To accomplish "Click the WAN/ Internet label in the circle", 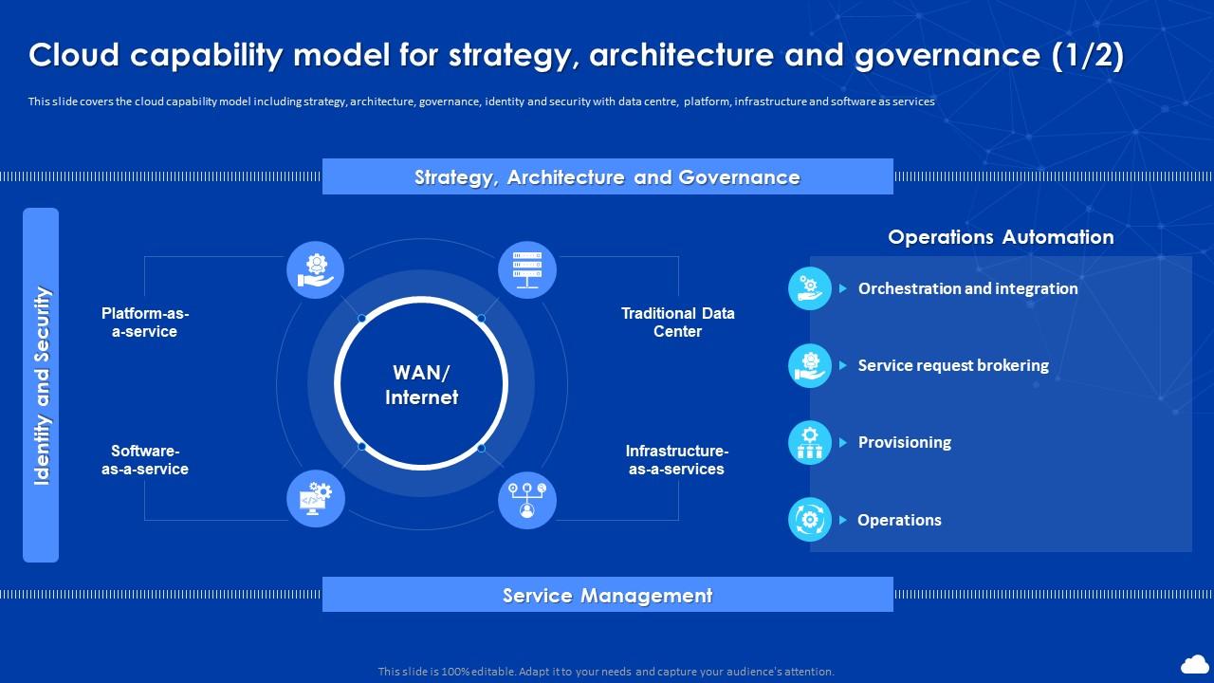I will click(422, 384).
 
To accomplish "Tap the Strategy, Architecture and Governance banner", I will click(607, 177).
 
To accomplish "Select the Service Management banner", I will click(607, 595).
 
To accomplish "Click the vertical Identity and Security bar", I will click(41, 385).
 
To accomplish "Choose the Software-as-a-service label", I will click(145, 460).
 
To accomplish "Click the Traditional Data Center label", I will click(678, 323).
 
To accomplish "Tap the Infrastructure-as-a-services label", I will click(677, 460).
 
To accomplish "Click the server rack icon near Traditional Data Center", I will click(527, 270).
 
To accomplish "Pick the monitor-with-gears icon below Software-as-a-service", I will click(316, 499).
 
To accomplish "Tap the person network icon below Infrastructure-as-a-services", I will click(527, 500).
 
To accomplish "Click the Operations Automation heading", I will click(1001, 237).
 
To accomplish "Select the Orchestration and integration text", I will click(967, 288).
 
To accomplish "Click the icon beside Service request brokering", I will click(810, 365).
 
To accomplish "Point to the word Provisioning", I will click(905, 442).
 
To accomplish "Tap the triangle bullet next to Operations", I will click(842, 520).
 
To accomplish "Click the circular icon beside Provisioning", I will click(810, 442).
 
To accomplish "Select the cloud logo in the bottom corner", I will click(1194, 663).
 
